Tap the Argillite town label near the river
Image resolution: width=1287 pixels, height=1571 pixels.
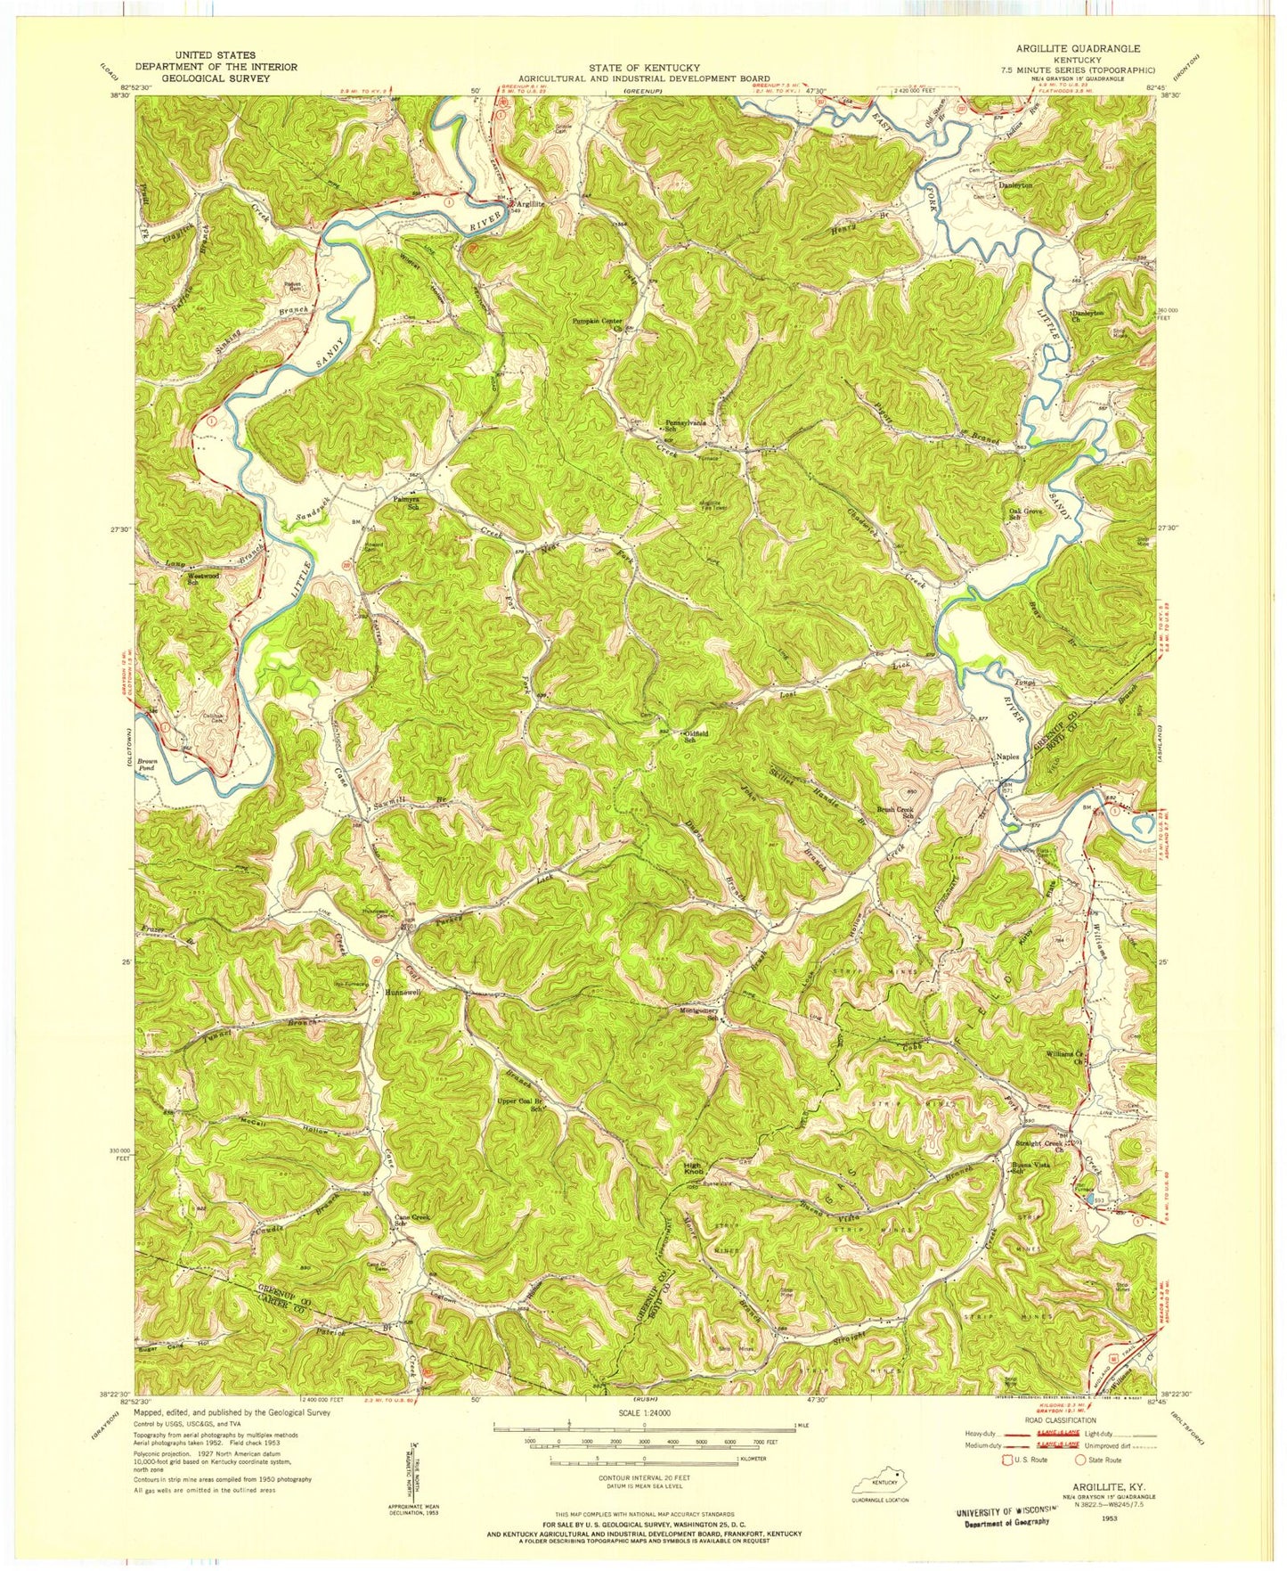tap(531, 204)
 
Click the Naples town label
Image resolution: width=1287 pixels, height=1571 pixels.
tap(1006, 757)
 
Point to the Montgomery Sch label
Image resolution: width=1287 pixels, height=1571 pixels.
tap(718, 1014)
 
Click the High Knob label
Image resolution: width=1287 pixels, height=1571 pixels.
tap(694, 1167)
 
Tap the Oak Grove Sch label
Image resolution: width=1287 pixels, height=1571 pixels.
tap(1025, 514)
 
